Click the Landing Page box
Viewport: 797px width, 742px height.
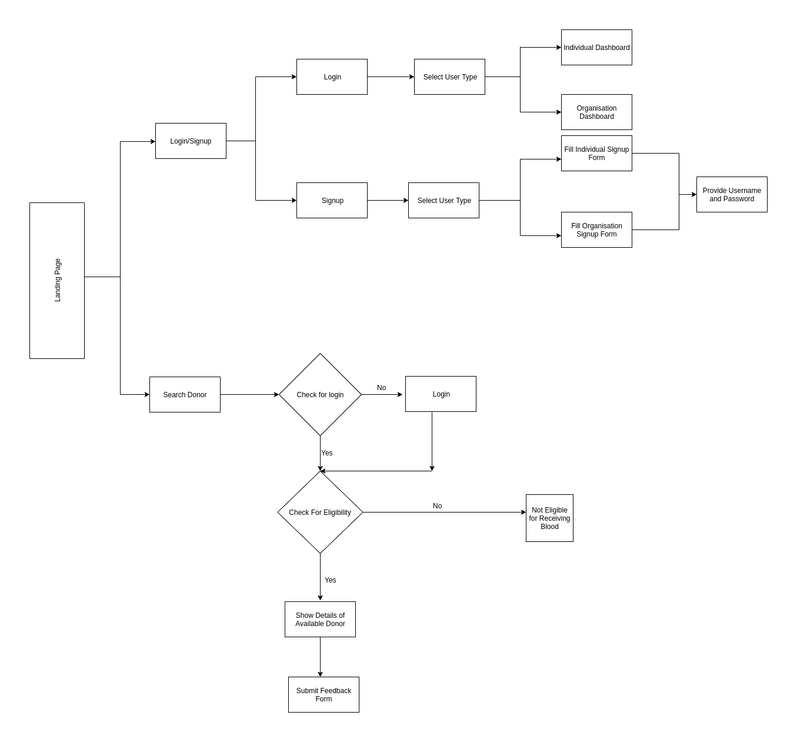pos(57,280)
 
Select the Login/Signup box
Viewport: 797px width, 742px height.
pos(191,141)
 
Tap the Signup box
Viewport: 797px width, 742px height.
pos(332,201)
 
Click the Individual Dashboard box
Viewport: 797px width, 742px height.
pos(596,48)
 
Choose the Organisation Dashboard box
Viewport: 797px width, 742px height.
pos(596,112)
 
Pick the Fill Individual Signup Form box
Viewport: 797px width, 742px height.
pos(596,154)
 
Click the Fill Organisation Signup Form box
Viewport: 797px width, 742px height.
pos(596,230)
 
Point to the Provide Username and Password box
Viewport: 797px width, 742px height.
pos(732,195)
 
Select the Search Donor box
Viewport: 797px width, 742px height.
pos(185,395)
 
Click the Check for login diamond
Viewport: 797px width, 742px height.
pos(320,395)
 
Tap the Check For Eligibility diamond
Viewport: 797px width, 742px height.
pos(320,513)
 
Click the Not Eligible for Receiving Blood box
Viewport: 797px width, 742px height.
pos(549,518)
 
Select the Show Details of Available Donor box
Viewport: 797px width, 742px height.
pos(320,620)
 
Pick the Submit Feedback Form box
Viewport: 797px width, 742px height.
pos(324,695)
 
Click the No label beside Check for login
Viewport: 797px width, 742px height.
pos(382,388)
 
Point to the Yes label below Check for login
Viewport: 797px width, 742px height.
pos(327,453)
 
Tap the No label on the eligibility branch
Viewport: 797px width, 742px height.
pos(438,506)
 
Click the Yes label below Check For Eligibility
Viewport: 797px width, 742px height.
pos(331,580)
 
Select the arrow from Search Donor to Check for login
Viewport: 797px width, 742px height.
pos(249,395)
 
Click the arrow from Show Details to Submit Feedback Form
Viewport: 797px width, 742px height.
pos(320,657)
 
